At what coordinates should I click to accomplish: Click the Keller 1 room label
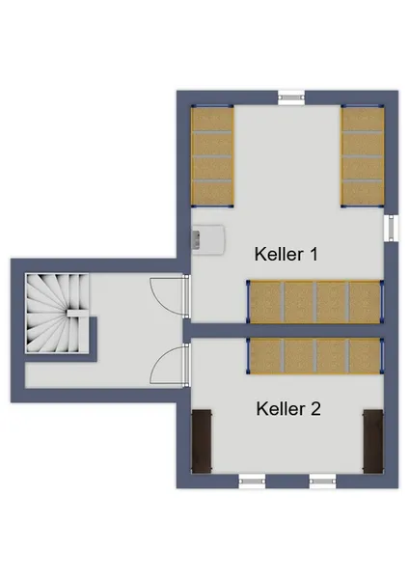(x=286, y=254)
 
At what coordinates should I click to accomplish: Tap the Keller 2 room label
(x=288, y=409)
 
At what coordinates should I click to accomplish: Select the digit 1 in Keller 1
(x=314, y=254)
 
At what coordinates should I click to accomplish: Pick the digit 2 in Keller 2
(x=314, y=409)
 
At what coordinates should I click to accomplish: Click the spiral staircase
(x=57, y=313)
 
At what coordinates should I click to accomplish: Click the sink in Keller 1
(x=207, y=239)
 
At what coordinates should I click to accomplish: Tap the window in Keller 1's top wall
(x=291, y=97)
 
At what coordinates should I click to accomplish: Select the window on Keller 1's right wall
(x=392, y=228)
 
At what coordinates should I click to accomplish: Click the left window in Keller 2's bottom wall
(x=252, y=482)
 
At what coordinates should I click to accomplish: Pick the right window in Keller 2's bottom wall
(x=322, y=482)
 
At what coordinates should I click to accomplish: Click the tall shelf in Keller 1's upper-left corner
(x=212, y=155)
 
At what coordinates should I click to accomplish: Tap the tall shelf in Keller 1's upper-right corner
(x=363, y=155)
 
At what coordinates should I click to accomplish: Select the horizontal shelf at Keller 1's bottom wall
(x=315, y=302)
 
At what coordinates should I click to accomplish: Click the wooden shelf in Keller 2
(x=315, y=356)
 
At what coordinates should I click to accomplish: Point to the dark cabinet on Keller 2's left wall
(x=202, y=441)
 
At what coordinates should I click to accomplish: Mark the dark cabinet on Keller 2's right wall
(x=373, y=441)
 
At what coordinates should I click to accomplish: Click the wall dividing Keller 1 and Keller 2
(x=284, y=330)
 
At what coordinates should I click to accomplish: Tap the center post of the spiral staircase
(x=77, y=313)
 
